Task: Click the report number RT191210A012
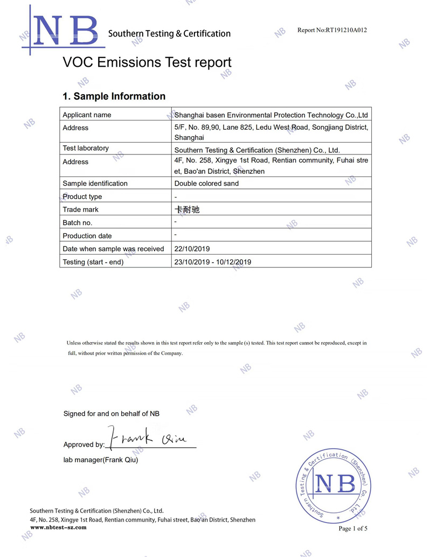[332, 30]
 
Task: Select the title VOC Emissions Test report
[147, 62]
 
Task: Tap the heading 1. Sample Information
[114, 96]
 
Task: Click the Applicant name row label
[87, 115]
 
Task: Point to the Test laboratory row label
[86, 148]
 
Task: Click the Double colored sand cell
[206, 184]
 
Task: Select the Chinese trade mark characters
[187, 209]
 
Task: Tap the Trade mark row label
[81, 209]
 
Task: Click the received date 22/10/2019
[192, 249]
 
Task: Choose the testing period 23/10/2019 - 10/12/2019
[213, 262]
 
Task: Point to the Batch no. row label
[78, 222]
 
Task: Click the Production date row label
[87, 236]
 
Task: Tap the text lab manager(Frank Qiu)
[101, 460]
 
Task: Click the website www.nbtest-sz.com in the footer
[58, 527]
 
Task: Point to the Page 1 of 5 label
[353, 528]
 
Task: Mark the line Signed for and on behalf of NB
[112, 413]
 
